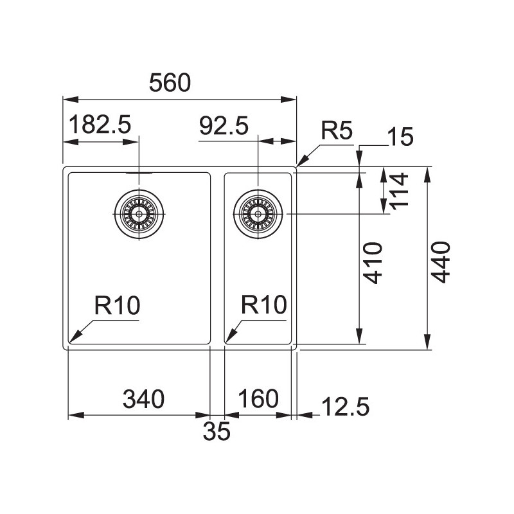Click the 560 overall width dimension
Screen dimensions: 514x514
point(170,83)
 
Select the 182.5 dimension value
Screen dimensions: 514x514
point(100,124)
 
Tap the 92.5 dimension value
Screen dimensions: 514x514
point(224,126)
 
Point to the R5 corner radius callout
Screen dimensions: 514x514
point(337,130)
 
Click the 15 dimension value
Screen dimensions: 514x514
point(400,137)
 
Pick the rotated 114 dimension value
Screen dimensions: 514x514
point(399,191)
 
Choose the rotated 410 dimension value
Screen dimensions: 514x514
point(373,263)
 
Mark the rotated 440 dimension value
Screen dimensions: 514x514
point(440,262)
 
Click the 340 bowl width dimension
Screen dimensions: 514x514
point(143,399)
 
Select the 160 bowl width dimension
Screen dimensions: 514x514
point(258,398)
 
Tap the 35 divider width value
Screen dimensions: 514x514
point(217,431)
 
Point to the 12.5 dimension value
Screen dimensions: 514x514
point(346,407)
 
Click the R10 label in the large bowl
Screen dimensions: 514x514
point(117,305)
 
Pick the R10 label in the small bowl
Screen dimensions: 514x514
point(264,305)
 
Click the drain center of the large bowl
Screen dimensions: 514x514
point(139,214)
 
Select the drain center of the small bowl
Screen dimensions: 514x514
point(258,214)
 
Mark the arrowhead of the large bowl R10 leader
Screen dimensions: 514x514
point(70,342)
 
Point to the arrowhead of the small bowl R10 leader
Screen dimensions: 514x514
point(226,342)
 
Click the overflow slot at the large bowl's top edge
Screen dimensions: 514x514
point(139,173)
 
